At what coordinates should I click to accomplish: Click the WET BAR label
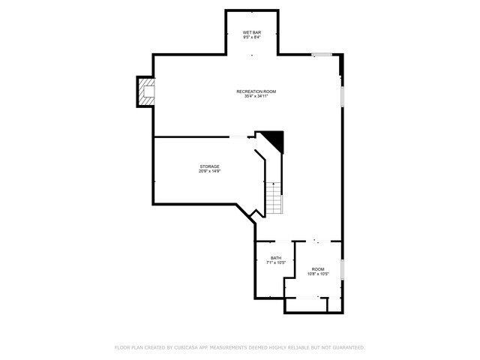(x=251, y=33)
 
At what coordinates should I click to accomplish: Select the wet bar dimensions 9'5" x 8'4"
(x=251, y=37)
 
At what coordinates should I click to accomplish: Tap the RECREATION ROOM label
(x=256, y=91)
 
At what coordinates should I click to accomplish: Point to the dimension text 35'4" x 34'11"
(x=256, y=96)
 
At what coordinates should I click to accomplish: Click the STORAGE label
(x=209, y=166)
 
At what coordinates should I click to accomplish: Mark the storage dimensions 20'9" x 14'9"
(x=209, y=171)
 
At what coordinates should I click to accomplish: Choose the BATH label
(x=276, y=258)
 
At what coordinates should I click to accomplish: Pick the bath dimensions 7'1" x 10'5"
(x=276, y=262)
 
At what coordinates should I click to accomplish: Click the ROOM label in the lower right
(x=318, y=269)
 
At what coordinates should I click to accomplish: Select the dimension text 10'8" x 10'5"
(x=318, y=274)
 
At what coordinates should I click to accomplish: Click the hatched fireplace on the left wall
(x=144, y=91)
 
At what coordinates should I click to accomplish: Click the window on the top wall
(x=322, y=54)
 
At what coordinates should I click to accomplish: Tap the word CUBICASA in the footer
(x=185, y=347)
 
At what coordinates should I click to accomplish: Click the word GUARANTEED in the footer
(x=346, y=347)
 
